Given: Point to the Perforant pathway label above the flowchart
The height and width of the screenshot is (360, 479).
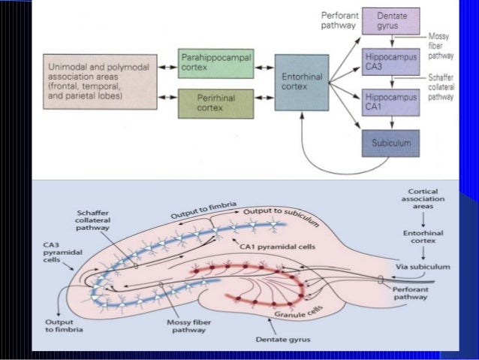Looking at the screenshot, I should point(339,20).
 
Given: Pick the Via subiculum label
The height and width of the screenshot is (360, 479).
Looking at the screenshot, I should point(423,266).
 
